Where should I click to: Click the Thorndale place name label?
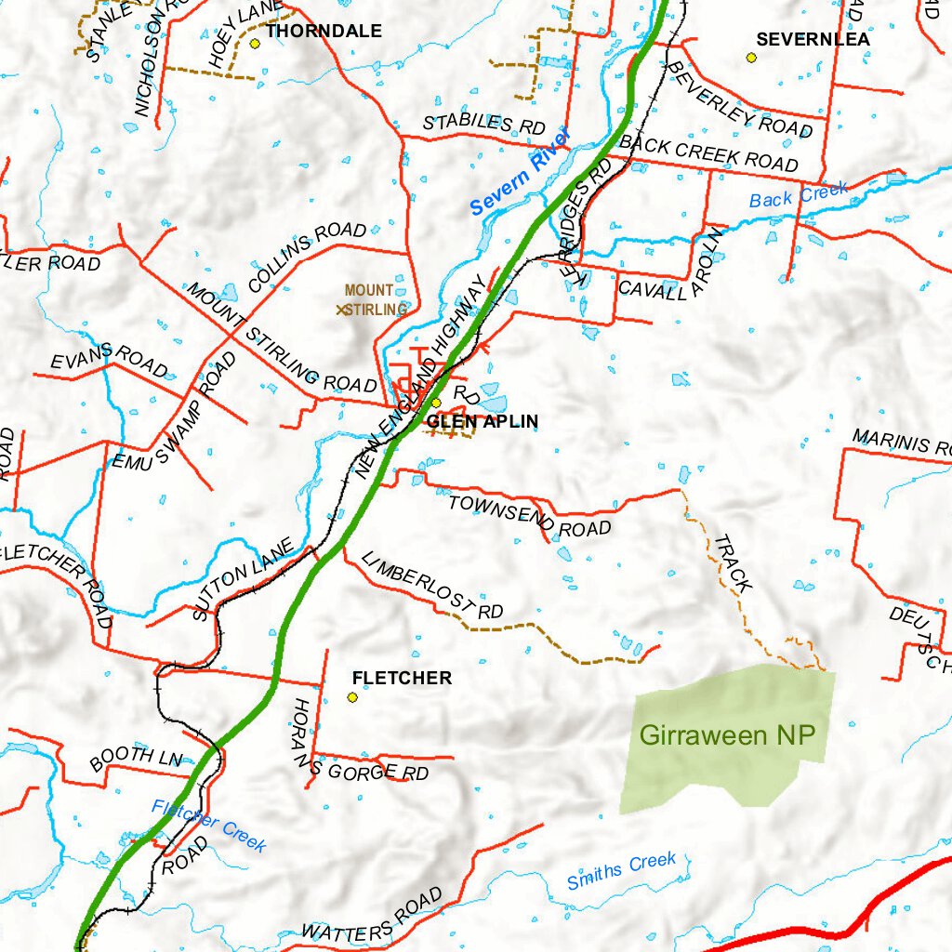coord(324,32)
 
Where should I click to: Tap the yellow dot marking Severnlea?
coord(751,58)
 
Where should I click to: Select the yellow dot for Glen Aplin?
coord(436,403)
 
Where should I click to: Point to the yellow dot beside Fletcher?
coord(353,697)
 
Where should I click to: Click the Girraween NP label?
coord(727,735)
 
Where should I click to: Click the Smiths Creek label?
coord(621,871)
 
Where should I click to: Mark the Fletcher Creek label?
coord(209,826)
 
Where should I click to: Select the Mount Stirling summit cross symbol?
coord(342,310)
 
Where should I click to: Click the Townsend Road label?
coord(529,517)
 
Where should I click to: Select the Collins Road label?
coord(307,257)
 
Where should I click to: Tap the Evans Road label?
coord(109,360)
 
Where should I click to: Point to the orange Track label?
coord(734,563)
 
